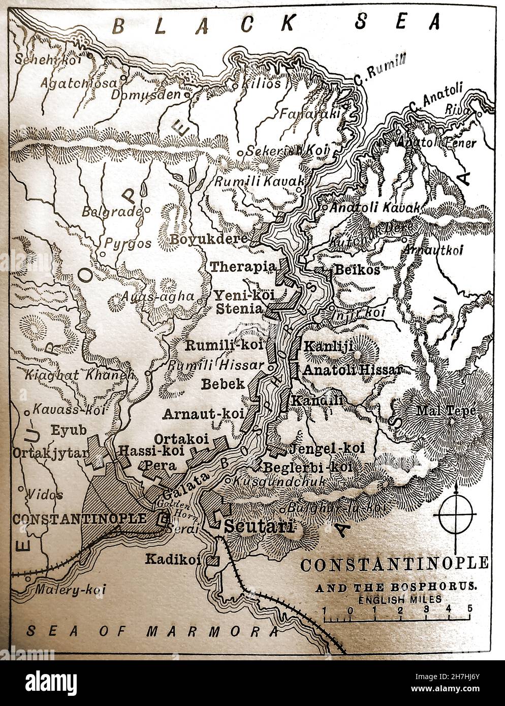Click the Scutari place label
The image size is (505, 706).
(259, 527)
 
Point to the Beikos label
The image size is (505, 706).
(356, 270)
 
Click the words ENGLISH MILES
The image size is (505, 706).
(395, 599)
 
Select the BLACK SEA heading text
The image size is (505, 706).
(275, 24)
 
